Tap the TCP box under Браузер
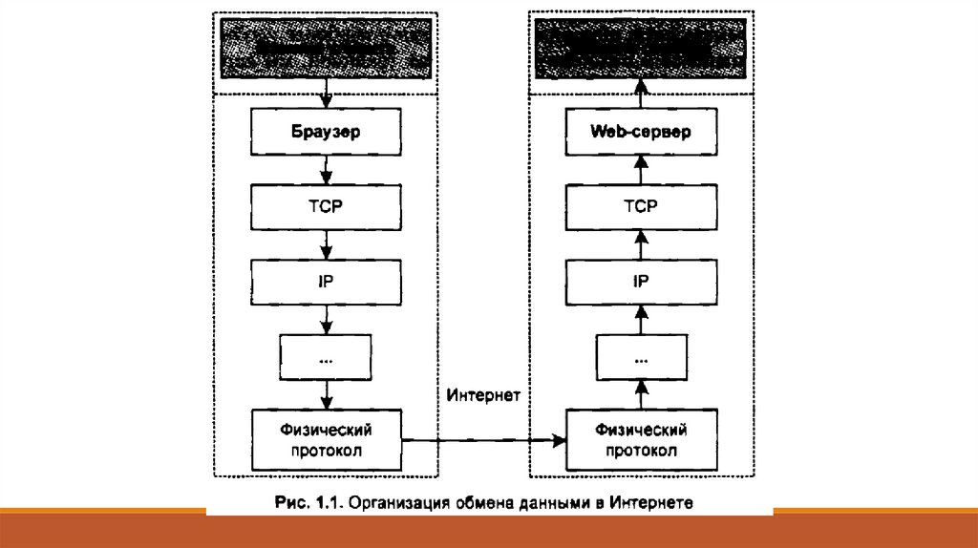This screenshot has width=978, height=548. pos(326,206)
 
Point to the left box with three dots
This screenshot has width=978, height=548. pos(326,358)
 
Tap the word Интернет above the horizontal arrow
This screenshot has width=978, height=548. pos(482,393)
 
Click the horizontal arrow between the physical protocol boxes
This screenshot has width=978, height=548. pos(483,440)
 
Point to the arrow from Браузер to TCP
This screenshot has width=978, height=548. pos(326,169)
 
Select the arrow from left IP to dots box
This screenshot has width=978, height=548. pos(326,320)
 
